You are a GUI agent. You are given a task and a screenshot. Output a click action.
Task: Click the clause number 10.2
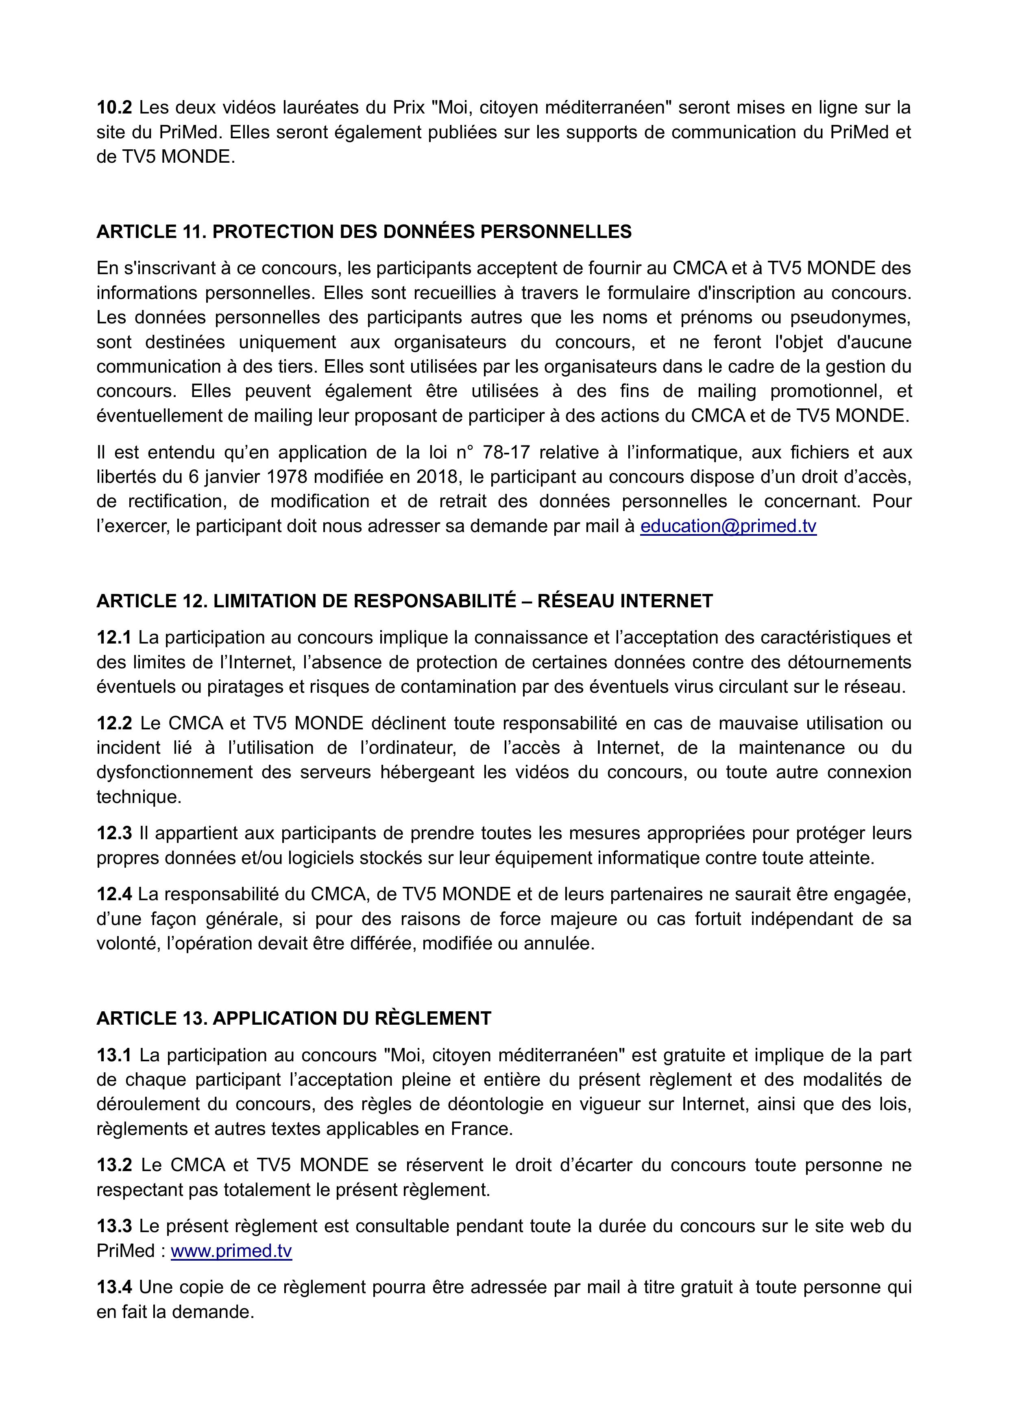[x=114, y=108]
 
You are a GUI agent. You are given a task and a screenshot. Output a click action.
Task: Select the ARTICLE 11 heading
[x=364, y=232]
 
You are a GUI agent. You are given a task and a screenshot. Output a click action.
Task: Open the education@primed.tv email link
[x=728, y=526]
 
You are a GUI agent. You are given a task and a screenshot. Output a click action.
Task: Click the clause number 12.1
[x=114, y=638]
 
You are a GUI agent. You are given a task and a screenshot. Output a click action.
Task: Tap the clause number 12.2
[x=114, y=723]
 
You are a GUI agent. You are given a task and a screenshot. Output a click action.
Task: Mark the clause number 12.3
[x=114, y=834]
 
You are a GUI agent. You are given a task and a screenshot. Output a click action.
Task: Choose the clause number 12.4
[x=114, y=895]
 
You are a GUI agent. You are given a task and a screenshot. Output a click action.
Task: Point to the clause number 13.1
[x=114, y=1055]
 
